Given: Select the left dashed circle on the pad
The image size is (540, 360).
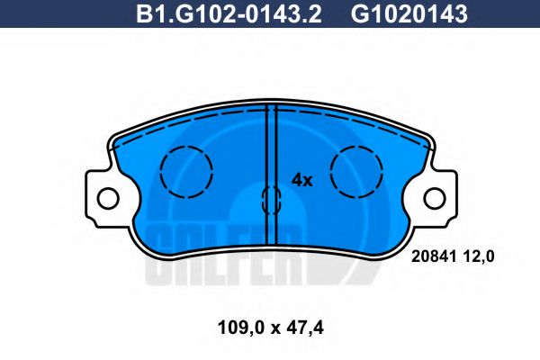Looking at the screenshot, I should coord(185,171).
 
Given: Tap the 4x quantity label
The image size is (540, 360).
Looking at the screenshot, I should coord(301,179).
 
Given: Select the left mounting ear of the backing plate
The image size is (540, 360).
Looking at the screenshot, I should coord(105,197).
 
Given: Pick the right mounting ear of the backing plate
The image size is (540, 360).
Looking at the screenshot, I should coord(435,197).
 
